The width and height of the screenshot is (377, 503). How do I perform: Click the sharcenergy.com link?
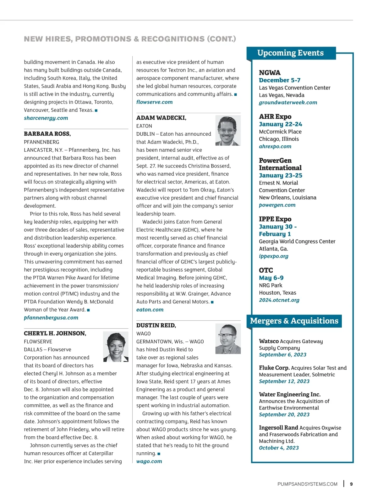point(46,118)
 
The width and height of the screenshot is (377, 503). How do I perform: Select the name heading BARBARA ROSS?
point(47,134)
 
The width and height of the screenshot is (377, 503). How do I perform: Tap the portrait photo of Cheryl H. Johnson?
point(116,347)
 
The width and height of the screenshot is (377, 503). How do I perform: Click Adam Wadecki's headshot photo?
point(228,130)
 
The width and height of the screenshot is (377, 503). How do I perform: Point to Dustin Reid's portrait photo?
point(228,339)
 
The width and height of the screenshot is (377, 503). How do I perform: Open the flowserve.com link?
point(154,102)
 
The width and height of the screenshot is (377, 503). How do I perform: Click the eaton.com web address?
point(150,310)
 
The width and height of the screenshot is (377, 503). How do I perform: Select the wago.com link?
point(149,461)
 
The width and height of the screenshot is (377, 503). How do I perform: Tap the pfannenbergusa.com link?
point(51,318)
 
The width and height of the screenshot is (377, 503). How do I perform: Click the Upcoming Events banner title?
point(290,53)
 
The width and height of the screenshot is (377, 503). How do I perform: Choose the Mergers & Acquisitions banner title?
point(294,321)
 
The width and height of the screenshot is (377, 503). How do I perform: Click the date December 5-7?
point(280,80)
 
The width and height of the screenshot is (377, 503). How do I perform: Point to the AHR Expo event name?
point(275,116)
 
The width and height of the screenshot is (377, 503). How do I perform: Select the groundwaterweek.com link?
point(288,103)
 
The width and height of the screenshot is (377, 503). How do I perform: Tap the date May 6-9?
point(271,278)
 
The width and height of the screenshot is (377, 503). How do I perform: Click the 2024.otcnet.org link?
point(279,300)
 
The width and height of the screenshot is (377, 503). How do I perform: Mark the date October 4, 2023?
point(279,448)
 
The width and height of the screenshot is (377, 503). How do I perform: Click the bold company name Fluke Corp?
point(274,368)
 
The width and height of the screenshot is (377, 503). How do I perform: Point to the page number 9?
point(351,484)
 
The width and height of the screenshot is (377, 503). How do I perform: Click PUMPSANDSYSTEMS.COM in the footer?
point(307,484)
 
